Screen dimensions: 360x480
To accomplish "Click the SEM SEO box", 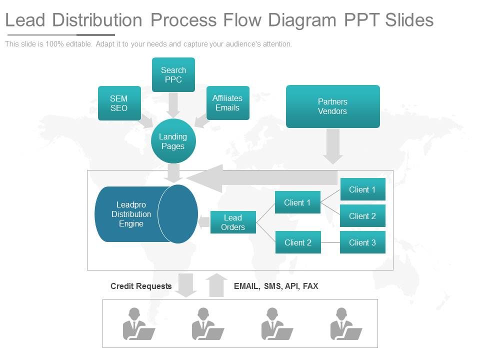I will pyautogui.click(x=119, y=103).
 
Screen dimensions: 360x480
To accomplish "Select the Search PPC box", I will pyautogui.click(x=173, y=75).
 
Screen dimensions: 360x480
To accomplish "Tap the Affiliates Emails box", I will pyautogui.click(x=227, y=103).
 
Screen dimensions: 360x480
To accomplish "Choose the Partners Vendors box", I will pyautogui.click(x=332, y=106).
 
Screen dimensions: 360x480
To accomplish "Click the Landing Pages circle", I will pyautogui.click(x=173, y=141).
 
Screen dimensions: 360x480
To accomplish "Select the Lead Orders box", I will pyautogui.click(x=233, y=222).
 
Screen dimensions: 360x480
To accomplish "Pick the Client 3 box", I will pyautogui.click(x=362, y=242).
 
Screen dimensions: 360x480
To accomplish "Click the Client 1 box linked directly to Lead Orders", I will pyautogui.click(x=297, y=202).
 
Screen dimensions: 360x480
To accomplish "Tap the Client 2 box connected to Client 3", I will pyautogui.click(x=298, y=242).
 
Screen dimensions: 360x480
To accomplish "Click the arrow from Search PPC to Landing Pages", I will pyautogui.click(x=173, y=105).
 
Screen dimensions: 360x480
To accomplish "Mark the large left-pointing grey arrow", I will pyautogui.click(x=260, y=178).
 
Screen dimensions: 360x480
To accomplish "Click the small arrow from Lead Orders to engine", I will pyautogui.click(x=204, y=222).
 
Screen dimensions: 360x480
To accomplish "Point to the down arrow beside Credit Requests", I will pyautogui.click(x=186, y=285).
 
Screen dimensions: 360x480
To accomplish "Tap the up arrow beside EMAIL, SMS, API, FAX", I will pyautogui.click(x=216, y=285).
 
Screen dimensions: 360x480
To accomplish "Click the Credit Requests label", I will pyautogui.click(x=141, y=286).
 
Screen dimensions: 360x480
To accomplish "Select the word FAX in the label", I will pyautogui.click(x=310, y=286).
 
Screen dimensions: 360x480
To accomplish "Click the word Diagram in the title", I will pyautogui.click(x=302, y=20).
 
